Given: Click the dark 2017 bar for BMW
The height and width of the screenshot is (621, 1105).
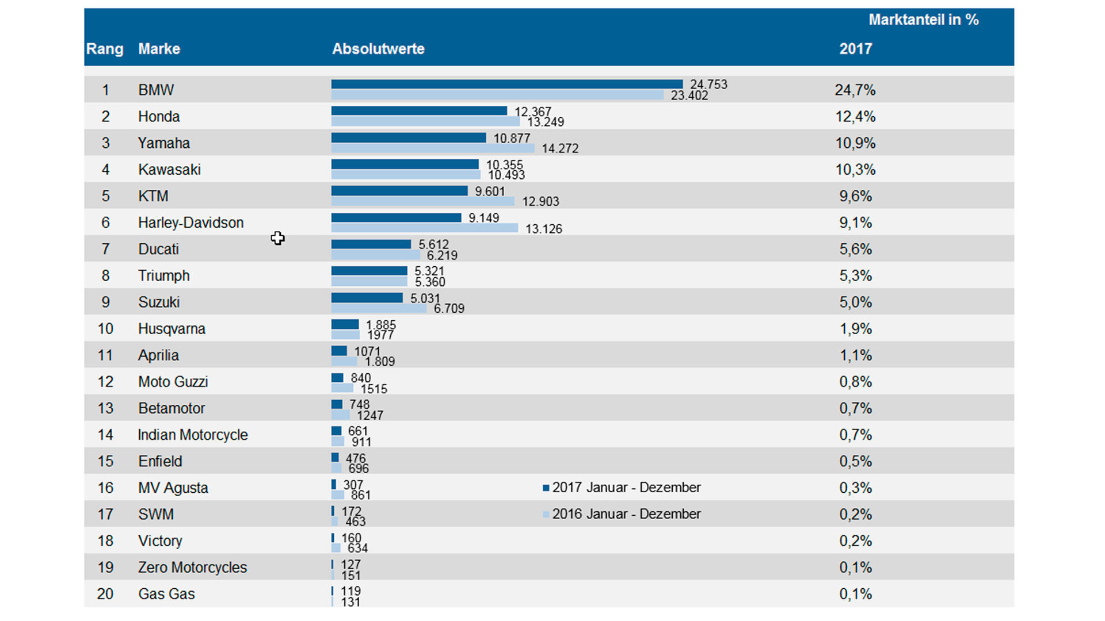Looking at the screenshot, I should tap(506, 85).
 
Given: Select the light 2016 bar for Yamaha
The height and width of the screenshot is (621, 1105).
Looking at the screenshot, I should tap(433, 148).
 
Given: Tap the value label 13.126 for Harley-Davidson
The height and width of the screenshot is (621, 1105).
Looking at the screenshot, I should tap(543, 229).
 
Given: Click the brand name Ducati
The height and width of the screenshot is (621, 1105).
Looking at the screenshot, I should tap(158, 249).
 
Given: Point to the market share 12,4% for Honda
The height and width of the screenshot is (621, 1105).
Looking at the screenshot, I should tap(855, 117).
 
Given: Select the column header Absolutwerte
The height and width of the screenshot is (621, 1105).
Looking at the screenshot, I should tap(378, 49).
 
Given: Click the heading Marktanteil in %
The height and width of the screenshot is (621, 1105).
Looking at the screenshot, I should tap(923, 20).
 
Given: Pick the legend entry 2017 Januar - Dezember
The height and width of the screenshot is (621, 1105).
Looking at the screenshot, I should tap(622, 488).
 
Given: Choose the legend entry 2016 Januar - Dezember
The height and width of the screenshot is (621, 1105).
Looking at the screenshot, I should tap(622, 514).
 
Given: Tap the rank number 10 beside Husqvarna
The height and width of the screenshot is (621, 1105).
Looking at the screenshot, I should tap(105, 329).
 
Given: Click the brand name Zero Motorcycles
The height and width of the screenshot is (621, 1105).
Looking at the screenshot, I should tap(192, 568).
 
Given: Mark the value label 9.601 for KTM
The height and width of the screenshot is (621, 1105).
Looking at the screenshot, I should tap(490, 191).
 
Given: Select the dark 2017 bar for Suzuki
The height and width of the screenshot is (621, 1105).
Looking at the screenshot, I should tap(367, 298).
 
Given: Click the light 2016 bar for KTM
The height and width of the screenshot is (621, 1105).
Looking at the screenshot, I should tap(422, 201).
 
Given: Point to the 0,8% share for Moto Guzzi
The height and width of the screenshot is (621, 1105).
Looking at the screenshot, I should tap(855, 382).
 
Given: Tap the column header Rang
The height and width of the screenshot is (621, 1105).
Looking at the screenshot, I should tap(105, 49).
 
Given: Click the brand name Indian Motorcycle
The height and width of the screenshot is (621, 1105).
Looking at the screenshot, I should tap(193, 435).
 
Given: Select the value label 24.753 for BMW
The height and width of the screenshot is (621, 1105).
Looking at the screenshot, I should tap(708, 85).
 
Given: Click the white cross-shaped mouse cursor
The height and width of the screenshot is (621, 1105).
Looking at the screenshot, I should tap(278, 238).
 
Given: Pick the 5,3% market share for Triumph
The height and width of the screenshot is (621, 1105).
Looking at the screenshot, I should tap(855, 276).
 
